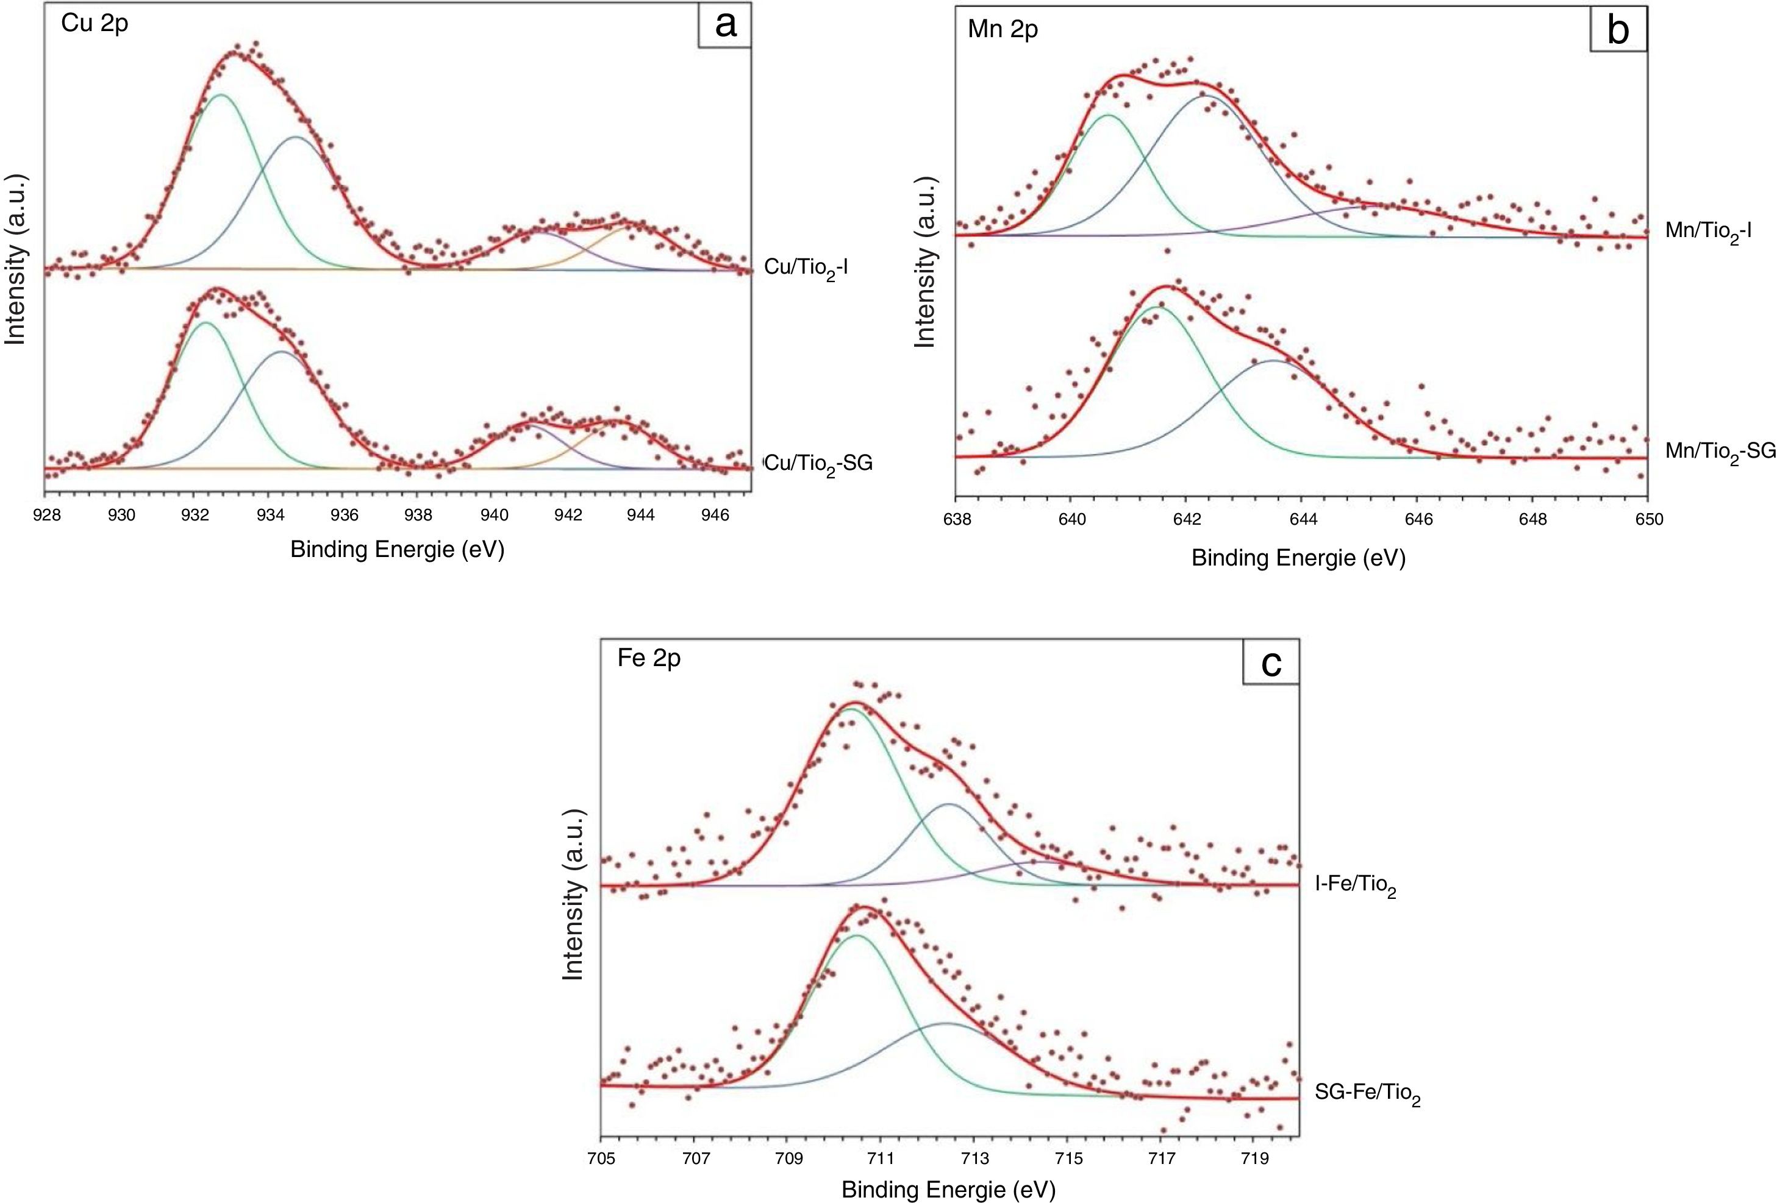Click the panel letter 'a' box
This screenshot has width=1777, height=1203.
725,25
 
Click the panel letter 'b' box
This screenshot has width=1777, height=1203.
1618,30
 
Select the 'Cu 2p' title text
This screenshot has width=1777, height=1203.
95,23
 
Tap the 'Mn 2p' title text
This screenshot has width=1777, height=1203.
1003,29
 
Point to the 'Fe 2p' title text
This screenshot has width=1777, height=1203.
648,658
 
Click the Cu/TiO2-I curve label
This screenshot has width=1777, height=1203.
806,268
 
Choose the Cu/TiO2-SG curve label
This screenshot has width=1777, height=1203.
818,464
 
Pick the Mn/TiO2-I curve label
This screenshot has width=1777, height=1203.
1708,232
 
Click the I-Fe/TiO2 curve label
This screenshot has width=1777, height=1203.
1355,887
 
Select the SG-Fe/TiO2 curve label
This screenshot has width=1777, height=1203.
1367,1094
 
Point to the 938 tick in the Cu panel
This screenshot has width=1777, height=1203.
418,515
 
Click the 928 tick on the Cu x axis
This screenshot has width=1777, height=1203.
48,515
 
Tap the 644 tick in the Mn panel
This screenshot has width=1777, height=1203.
1303,520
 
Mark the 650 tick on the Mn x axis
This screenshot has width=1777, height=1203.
1648,520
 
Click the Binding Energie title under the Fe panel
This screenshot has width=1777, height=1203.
948,1189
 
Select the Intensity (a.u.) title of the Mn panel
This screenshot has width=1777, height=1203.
925,262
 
